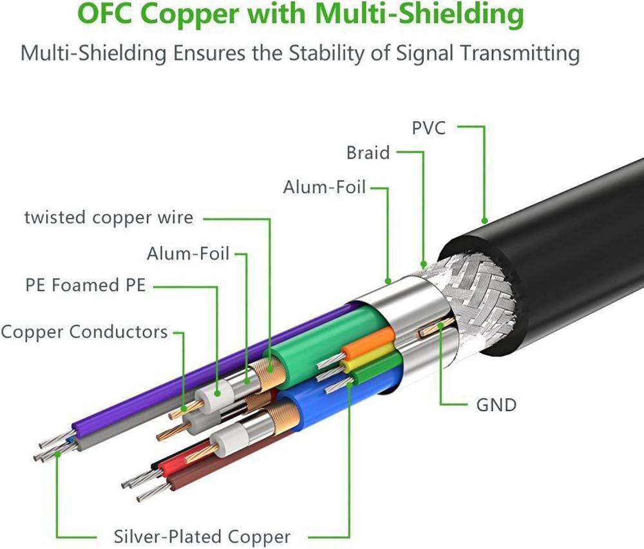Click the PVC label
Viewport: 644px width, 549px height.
tap(428, 127)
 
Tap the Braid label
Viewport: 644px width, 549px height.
tap(368, 153)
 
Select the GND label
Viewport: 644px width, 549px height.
tap(496, 405)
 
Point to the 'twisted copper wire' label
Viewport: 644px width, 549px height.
tap(108, 217)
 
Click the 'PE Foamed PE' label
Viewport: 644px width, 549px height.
tap(86, 285)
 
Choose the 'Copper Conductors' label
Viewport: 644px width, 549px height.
tap(84, 332)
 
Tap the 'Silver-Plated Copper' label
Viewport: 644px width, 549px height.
tap(202, 536)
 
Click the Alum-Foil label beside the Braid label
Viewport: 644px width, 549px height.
tap(324, 188)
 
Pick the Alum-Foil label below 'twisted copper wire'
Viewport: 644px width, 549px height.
tap(188, 253)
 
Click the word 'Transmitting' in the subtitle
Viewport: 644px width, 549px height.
tap(512, 52)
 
